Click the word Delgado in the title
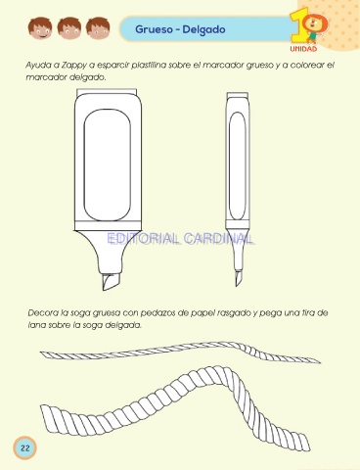(203, 29)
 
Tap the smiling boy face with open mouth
(40, 28)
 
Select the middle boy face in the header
(69, 28)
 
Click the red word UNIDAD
(303, 49)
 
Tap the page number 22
(24, 447)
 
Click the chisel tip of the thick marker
(111, 282)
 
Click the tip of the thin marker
(238, 278)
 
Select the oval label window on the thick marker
(108, 165)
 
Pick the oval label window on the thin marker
(237, 166)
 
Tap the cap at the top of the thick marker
(107, 92)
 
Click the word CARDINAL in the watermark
(218, 239)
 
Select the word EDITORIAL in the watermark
(144, 239)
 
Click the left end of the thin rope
(41, 352)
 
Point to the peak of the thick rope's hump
(218, 370)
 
